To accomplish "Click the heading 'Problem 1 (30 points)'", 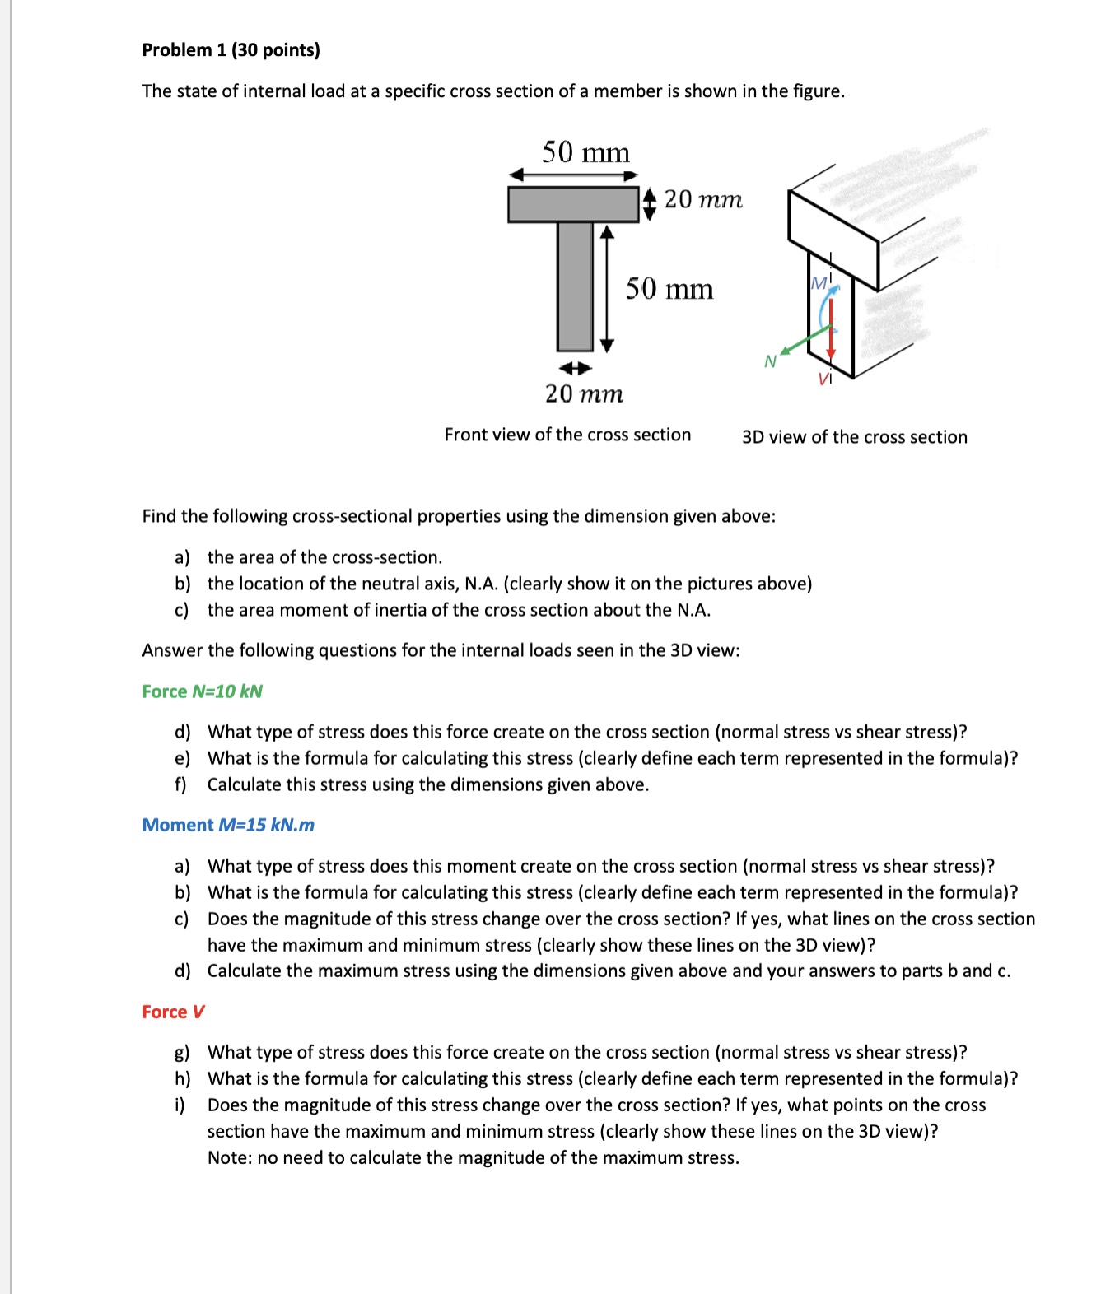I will [231, 50].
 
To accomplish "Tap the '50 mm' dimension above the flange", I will [585, 152].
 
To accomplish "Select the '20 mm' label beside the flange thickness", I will [702, 199].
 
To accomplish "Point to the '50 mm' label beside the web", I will [669, 289].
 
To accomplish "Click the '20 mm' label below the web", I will [584, 394].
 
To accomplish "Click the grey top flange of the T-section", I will [573, 205].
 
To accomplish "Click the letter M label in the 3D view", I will [819, 283].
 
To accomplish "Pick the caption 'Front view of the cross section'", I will [567, 435].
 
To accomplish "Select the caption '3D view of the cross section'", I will [854, 437].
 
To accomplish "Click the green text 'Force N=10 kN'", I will [202, 691].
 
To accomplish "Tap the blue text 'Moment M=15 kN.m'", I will [228, 825].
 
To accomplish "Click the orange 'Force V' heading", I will [173, 1012].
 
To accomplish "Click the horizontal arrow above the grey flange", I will [573, 175].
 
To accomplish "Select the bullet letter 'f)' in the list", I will [181, 784].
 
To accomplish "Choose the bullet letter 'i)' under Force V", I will [180, 1105].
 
